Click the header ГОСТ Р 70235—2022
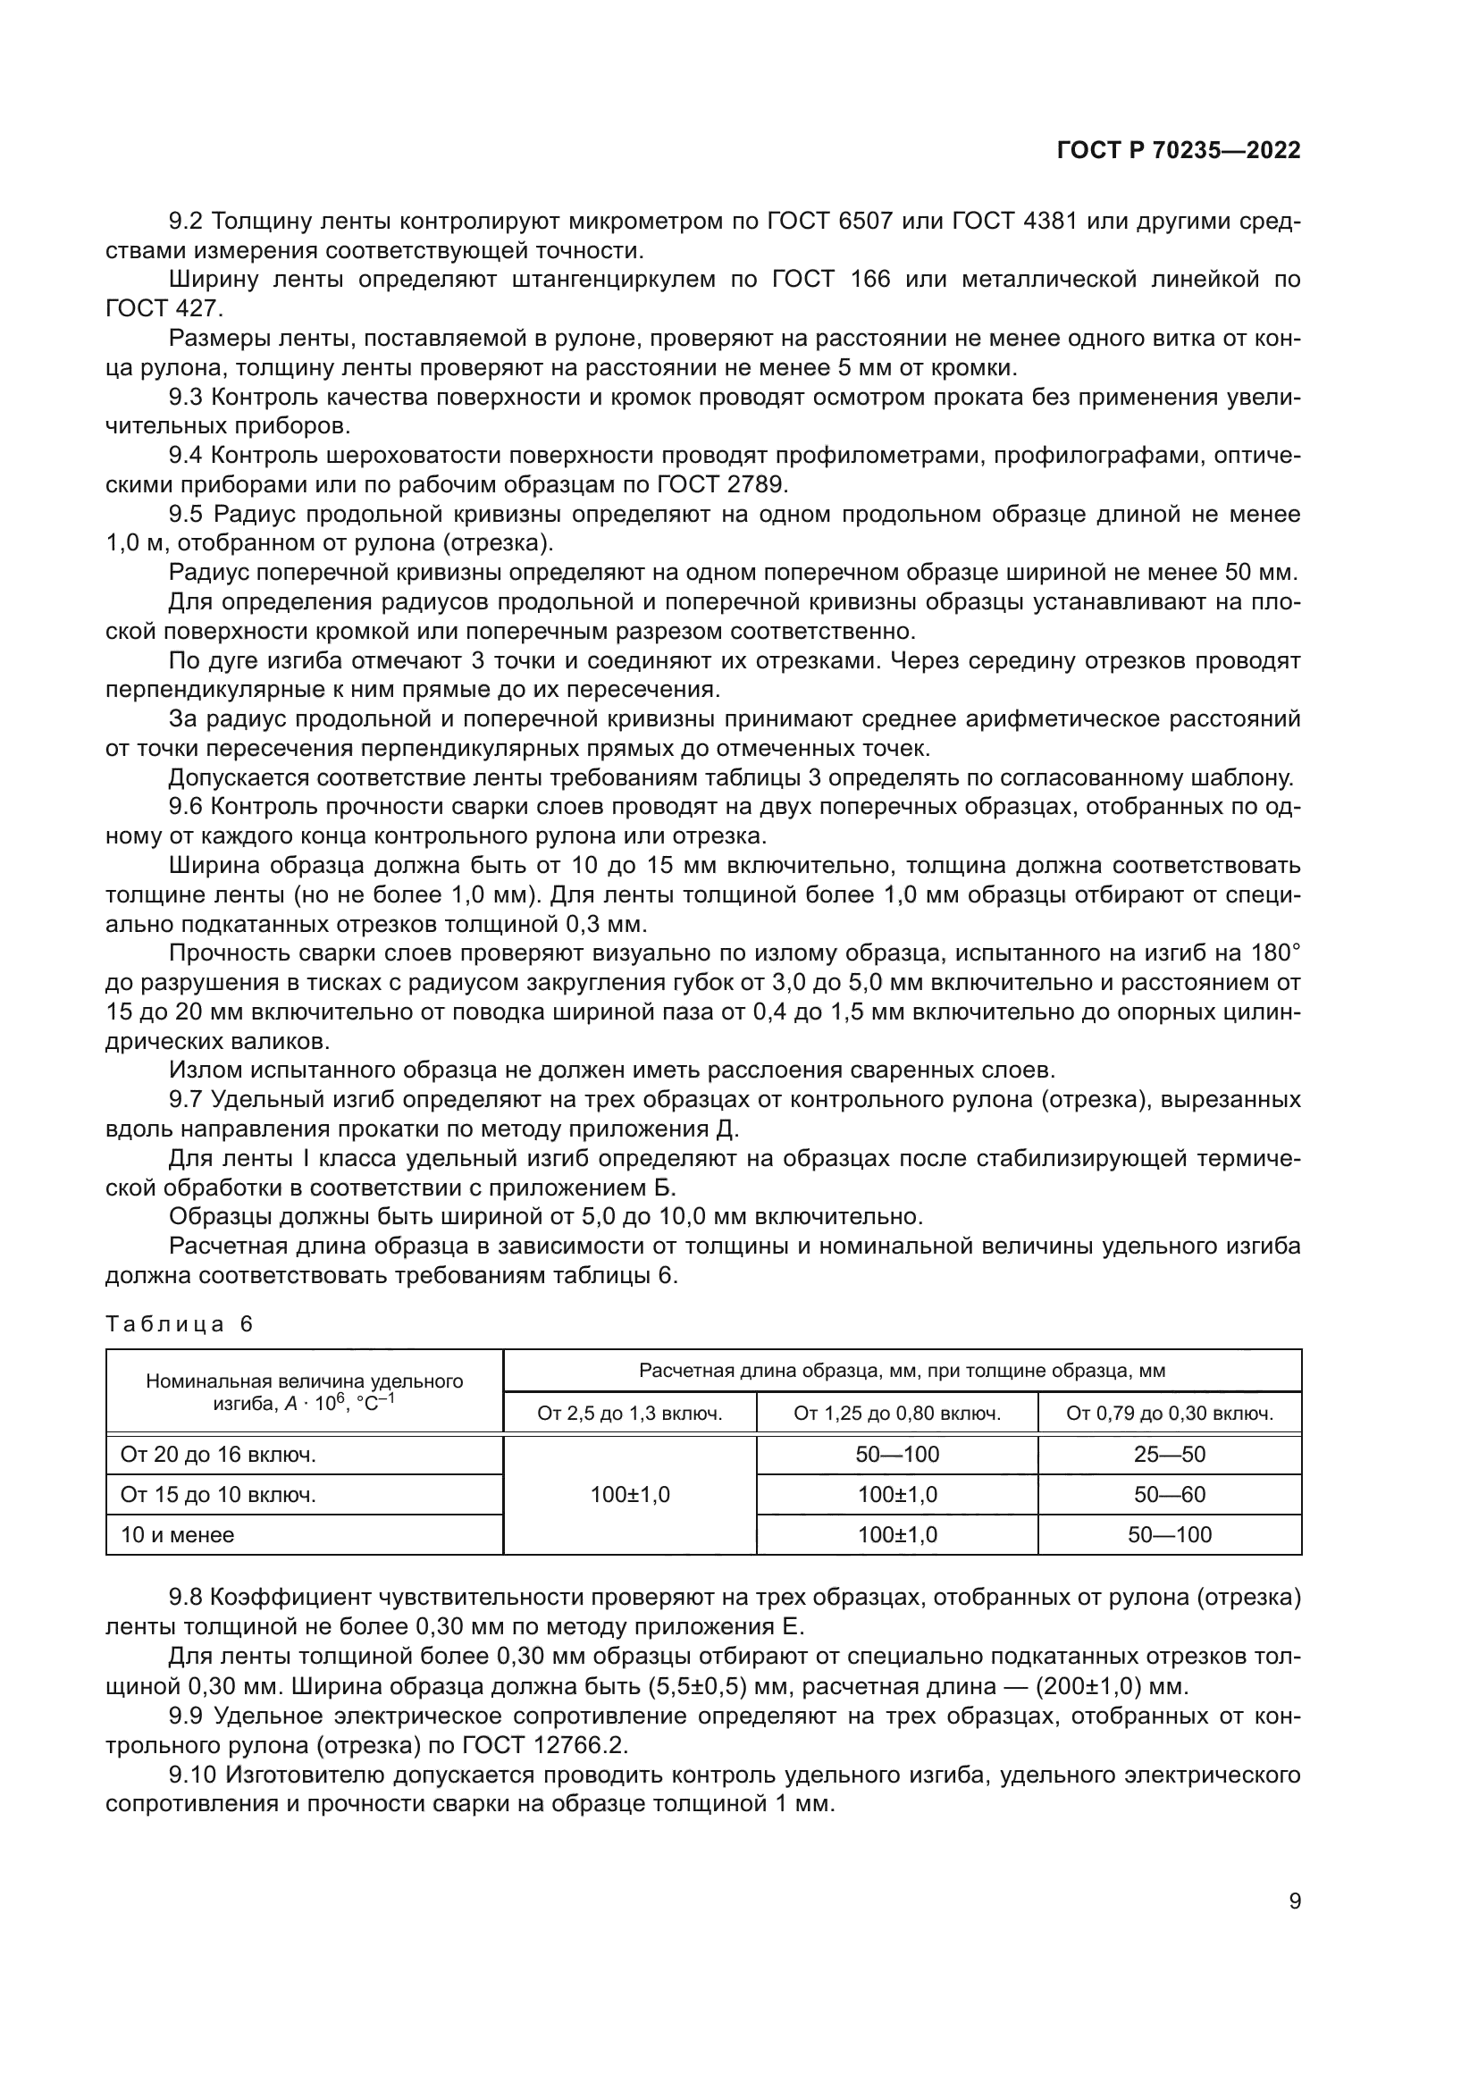[x=1178, y=151]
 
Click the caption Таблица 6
[x=180, y=1324]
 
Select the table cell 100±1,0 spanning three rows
[x=630, y=1495]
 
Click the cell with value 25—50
[x=1169, y=1455]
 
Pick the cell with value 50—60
[x=1169, y=1495]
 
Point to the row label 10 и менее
[x=178, y=1535]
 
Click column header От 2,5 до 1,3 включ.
[x=630, y=1414]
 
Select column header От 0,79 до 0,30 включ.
[x=1169, y=1414]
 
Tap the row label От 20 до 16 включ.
[x=218, y=1455]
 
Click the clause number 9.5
[x=186, y=515]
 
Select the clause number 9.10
[x=192, y=1775]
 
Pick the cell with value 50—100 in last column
[x=1169, y=1535]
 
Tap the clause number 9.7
[x=186, y=1100]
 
